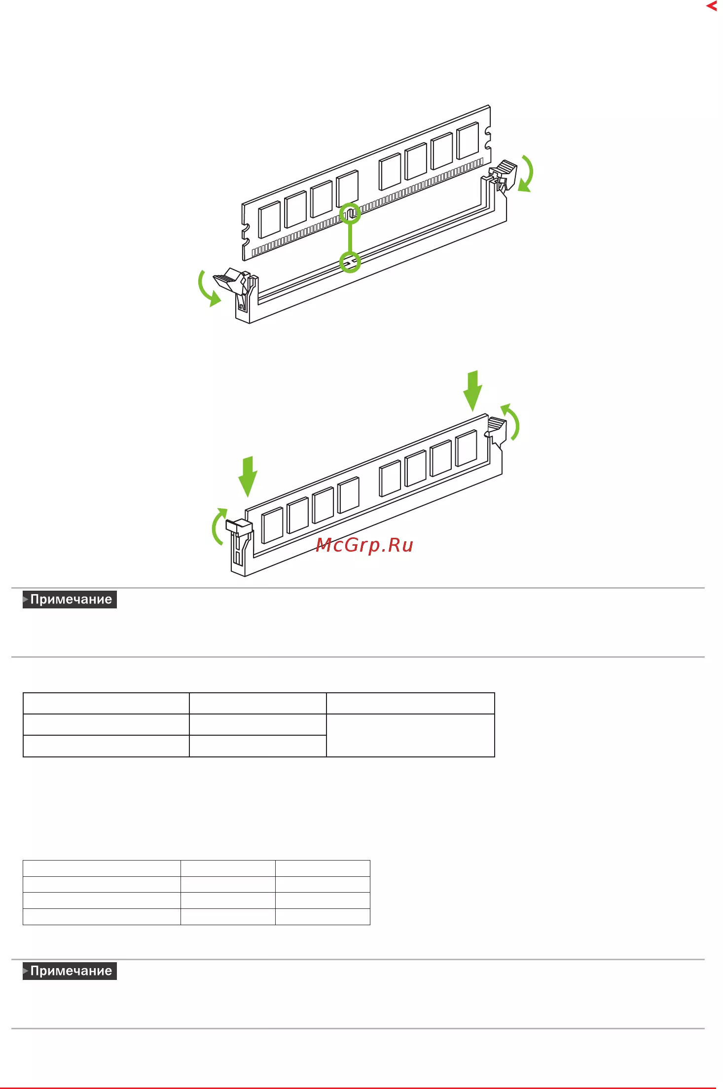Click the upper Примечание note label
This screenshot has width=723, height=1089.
point(70,599)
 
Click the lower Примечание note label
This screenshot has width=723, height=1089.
point(70,971)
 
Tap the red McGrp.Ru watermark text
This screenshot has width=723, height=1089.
point(364,545)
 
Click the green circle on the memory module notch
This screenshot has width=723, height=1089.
point(350,213)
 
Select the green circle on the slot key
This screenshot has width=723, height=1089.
point(350,262)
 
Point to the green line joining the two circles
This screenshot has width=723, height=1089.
point(350,237)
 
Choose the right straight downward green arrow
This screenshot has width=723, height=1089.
point(472,390)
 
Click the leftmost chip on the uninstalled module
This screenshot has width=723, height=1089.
point(269,219)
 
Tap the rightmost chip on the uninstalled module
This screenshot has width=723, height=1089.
point(468,140)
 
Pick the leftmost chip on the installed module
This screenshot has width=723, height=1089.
point(272,525)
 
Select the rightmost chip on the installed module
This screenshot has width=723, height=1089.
point(466,448)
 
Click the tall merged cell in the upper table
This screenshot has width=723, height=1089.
point(410,735)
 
